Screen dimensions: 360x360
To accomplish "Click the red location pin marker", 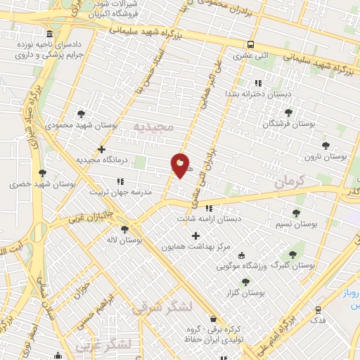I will pos(180,165).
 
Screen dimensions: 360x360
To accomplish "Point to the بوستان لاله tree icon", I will pos(124,229).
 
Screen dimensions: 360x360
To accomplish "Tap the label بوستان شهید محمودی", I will pos(76,124).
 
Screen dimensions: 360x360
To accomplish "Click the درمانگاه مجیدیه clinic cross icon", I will pos(102,149).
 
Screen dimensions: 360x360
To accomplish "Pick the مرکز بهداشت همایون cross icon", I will pos(195,235).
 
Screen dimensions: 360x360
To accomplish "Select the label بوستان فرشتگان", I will pos(288,123).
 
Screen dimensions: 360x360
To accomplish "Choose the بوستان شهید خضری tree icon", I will pos(42,173).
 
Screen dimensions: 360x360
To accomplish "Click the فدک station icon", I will pos(319,309).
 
